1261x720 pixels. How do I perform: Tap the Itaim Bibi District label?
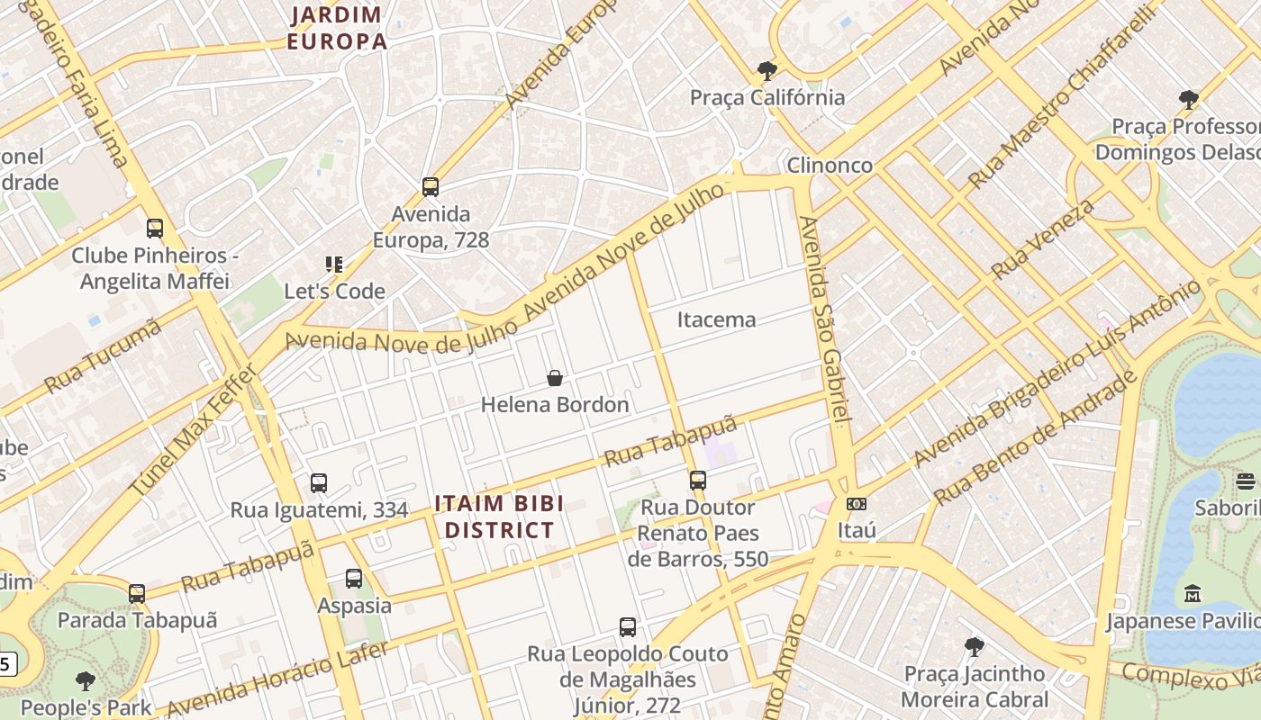point(499,517)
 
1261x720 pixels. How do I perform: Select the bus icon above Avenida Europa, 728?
point(431,187)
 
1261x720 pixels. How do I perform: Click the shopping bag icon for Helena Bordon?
point(555,378)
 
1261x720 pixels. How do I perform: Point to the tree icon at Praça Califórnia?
point(767,70)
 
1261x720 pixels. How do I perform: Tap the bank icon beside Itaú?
point(857,504)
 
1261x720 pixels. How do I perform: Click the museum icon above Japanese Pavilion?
point(1193,594)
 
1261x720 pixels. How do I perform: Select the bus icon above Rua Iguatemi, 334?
point(319,483)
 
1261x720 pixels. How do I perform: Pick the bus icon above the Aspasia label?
point(354,579)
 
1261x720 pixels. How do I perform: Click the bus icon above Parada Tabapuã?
point(137,594)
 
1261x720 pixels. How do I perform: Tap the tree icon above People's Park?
point(86,681)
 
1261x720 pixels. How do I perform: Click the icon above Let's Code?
point(334,265)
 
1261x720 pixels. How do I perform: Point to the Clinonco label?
point(830,166)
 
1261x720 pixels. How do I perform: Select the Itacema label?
point(716,319)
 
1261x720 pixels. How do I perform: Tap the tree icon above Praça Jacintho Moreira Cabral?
point(974,646)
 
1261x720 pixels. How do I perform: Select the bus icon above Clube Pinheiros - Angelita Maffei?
point(155,229)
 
